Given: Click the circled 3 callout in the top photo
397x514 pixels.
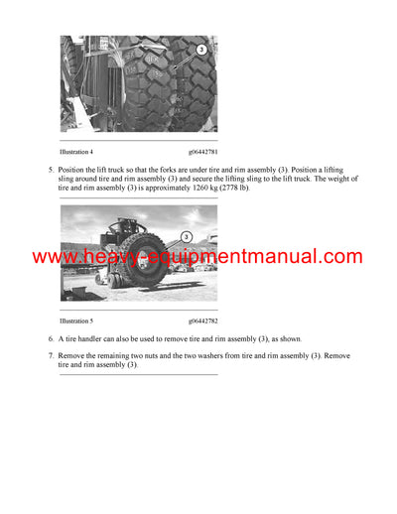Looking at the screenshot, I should point(201,49).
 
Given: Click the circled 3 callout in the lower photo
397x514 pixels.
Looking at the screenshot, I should point(186,237).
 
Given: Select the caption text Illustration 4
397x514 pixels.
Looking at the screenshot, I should point(79,152).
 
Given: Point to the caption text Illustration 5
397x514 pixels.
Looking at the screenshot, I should point(79,321).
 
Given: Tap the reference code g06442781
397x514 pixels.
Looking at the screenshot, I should point(202,152).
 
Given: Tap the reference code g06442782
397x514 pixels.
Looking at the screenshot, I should point(202,321).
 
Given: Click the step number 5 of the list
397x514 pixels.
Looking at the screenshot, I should point(50,170).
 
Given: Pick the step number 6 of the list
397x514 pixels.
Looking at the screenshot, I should point(50,338).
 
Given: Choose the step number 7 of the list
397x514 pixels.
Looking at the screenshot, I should point(50,355).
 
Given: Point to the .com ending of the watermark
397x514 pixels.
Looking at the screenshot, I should point(339,257).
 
